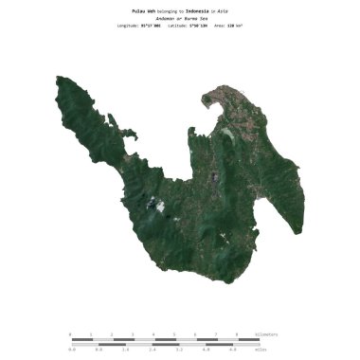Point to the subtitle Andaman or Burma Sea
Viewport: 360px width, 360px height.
(x=179, y=18)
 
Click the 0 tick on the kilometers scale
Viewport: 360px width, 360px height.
(x=70, y=333)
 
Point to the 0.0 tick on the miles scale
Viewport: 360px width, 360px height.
(x=71, y=349)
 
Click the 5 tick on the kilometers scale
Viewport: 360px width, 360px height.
(x=174, y=333)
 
